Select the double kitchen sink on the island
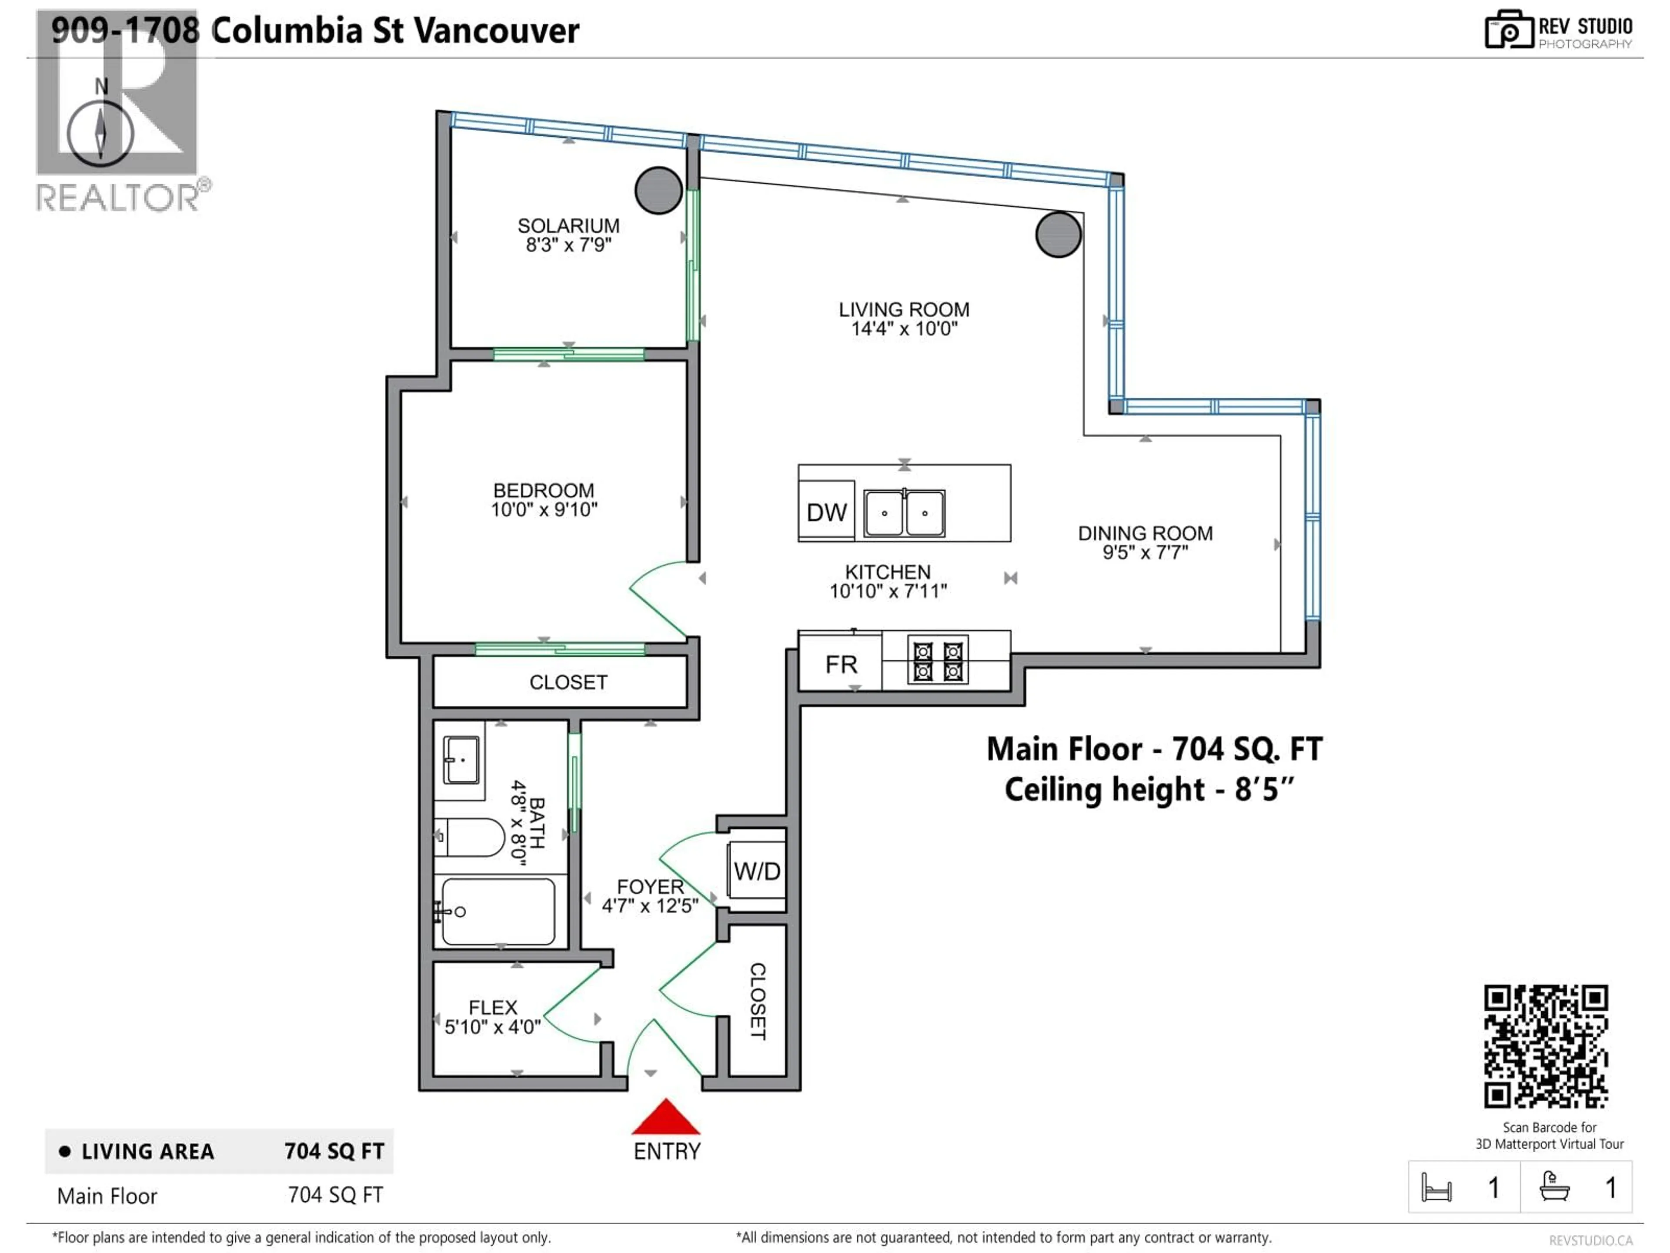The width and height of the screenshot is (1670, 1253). tap(904, 513)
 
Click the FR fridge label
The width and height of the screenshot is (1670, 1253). tap(840, 664)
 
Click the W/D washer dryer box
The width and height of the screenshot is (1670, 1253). tap(756, 871)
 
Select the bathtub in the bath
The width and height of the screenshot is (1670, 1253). tap(498, 911)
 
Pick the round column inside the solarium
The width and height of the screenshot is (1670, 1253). tap(658, 190)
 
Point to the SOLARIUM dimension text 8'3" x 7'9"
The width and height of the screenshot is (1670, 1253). tap(568, 245)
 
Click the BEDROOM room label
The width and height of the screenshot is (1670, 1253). tap(544, 490)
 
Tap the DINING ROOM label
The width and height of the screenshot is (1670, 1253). tap(1145, 533)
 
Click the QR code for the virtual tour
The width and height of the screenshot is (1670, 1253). tap(1546, 1046)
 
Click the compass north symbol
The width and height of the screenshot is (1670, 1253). tap(100, 132)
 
